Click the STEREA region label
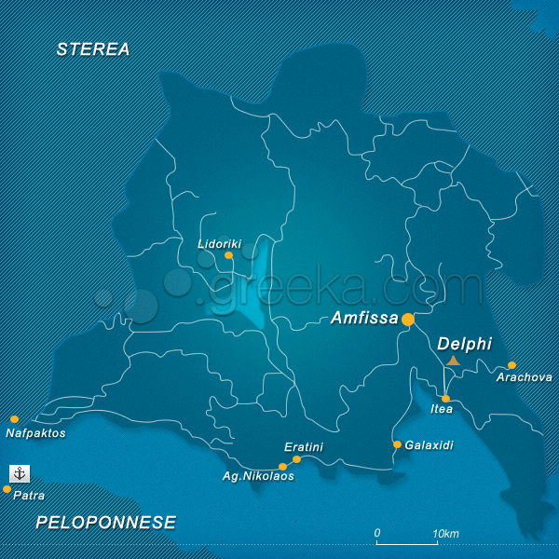pyautogui.click(x=93, y=49)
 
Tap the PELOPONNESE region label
pyautogui.click(x=106, y=523)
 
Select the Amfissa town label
pyautogui.click(x=364, y=319)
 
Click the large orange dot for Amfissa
pyautogui.click(x=408, y=319)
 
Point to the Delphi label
pyautogui.click(x=464, y=344)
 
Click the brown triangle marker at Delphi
pyautogui.click(x=453, y=361)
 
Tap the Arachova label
pyautogui.click(x=524, y=377)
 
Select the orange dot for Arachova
pyautogui.click(x=511, y=365)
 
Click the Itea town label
pyautogui.click(x=442, y=409)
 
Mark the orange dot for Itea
pyautogui.click(x=445, y=399)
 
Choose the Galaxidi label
pyautogui.click(x=429, y=445)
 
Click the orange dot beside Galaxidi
pyautogui.click(x=397, y=444)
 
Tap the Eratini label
pyautogui.click(x=304, y=447)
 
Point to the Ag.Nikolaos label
pyautogui.click(x=258, y=476)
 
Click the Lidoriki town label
pyautogui.click(x=219, y=244)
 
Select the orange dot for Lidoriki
pyautogui.click(x=228, y=254)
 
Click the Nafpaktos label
pyautogui.click(x=35, y=433)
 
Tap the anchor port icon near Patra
pyautogui.click(x=20, y=473)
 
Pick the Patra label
pyautogui.click(x=29, y=496)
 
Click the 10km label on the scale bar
pyautogui.click(x=446, y=534)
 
